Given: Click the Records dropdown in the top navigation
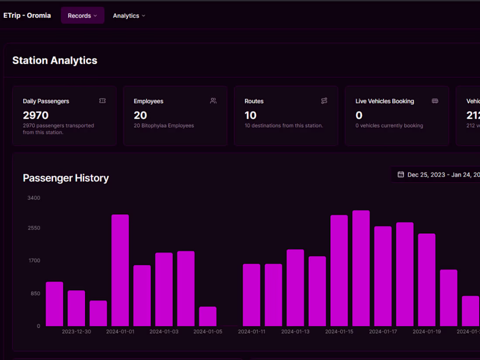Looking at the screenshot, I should coord(82,16).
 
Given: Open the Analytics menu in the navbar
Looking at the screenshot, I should coord(129,16).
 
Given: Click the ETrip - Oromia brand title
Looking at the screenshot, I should coord(27,15).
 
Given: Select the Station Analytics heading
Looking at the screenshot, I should coord(55,61).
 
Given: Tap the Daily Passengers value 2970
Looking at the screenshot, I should coord(36,115).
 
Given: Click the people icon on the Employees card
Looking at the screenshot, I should coord(213,101).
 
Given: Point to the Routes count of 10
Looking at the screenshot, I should coord(250,115).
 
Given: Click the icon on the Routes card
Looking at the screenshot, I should coord(324,101).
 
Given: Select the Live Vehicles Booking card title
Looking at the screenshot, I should coord(384,101).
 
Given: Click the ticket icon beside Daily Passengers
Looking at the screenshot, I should coord(103,101).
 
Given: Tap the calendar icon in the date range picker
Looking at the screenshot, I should coord(401,175).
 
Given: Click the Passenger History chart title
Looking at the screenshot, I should coord(66,178).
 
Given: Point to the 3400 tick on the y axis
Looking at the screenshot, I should coord(34,198).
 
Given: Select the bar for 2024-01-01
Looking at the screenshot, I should coord(120,271).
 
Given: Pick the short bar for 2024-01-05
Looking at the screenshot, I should coord(208,316).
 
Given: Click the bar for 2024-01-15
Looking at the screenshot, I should coord(339,271).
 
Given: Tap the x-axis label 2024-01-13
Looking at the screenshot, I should coord(295,332).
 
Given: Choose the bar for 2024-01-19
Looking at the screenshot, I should coord(427,280).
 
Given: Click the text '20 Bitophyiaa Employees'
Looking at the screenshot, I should coord(164,126).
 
